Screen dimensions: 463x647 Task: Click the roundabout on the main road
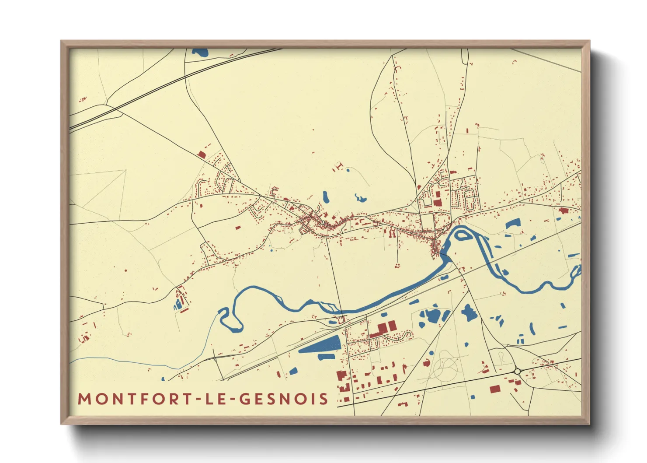(518, 371)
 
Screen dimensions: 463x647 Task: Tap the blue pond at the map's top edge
(201, 53)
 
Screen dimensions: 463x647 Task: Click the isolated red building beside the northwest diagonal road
(202, 154)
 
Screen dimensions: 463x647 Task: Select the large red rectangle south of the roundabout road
(495, 389)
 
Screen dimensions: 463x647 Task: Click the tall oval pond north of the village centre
(325, 197)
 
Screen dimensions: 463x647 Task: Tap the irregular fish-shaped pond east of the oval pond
(360, 198)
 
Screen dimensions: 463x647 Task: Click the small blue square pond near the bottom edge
(473, 397)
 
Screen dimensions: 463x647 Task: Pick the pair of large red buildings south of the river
(386, 327)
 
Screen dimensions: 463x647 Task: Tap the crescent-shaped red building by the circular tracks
(427, 362)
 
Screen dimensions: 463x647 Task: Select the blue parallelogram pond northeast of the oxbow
(512, 224)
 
